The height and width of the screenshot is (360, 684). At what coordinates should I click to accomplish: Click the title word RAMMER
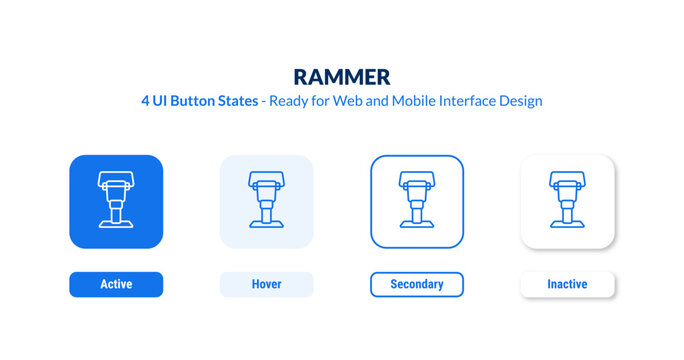point(342,77)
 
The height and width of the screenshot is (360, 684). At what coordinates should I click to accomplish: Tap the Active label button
point(116,285)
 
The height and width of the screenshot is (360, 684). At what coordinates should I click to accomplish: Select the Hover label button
point(266,285)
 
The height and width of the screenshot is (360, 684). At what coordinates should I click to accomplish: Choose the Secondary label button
point(417,285)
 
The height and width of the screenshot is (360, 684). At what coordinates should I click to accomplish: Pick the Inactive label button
point(567,285)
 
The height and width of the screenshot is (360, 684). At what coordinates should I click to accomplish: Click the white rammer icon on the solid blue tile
point(116,201)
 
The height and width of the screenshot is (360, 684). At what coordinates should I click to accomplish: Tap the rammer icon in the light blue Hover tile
point(266,201)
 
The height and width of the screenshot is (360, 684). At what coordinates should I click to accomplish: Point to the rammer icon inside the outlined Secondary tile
point(417,201)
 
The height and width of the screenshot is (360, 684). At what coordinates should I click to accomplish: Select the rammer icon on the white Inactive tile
point(567,201)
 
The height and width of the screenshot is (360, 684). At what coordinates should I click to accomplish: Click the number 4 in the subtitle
point(146,102)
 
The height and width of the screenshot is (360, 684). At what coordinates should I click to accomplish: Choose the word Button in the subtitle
point(196,102)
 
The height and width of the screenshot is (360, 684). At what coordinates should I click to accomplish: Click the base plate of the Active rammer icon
point(116,227)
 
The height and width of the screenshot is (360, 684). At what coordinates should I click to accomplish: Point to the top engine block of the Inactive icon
point(567,180)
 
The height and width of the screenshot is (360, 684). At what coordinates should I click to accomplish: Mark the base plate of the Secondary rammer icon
point(417,227)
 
